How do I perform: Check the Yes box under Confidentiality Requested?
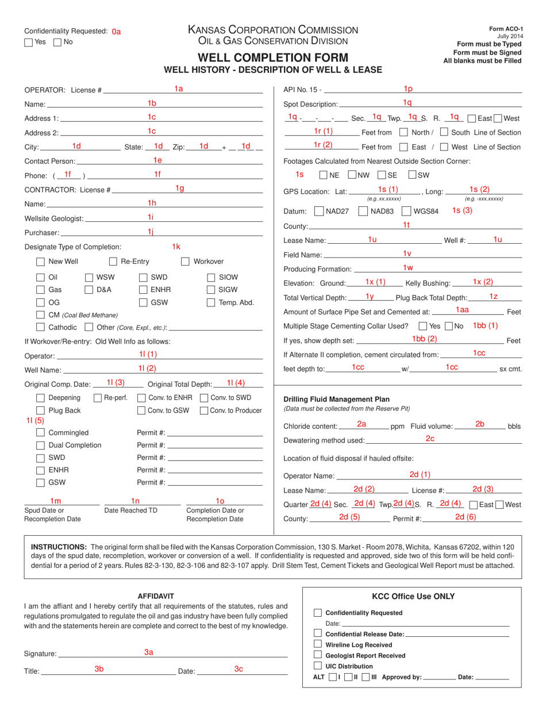pyautogui.click(x=28, y=42)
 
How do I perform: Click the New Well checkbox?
pyautogui.click(x=40, y=262)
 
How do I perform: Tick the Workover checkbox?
pyautogui.click(x=185, y=262)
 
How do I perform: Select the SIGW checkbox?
pyautogui.click(x=211, y=290)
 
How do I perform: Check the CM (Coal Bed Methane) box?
pyautogui.click(x=40, y=315)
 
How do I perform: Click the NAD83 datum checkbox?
pyautogui.click(x=363, y=211)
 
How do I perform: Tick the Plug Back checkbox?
pyautogui.click(x=40, y=410)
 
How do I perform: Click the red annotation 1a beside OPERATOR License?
pyautogui.click(x=179, y=89)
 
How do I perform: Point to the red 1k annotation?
pyautogui.click(x=176, y=247)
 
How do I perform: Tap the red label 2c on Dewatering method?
pyautogui.click(x=430, y=439)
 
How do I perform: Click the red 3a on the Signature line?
pyautogui.click(x=148, y=652)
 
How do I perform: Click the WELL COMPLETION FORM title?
pyautogui.click(x=273, y=57)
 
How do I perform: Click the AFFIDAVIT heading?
pyautogui.click(x=155, y=596)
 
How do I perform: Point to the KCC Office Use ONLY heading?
pyautogui.click(x=413, y=596)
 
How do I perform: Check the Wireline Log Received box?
pyautogui.click(x=318, y=645)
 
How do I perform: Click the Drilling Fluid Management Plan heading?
pyautogui.click(x=336, y=399)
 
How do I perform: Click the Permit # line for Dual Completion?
pyautogui.click(x=215, y=445)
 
